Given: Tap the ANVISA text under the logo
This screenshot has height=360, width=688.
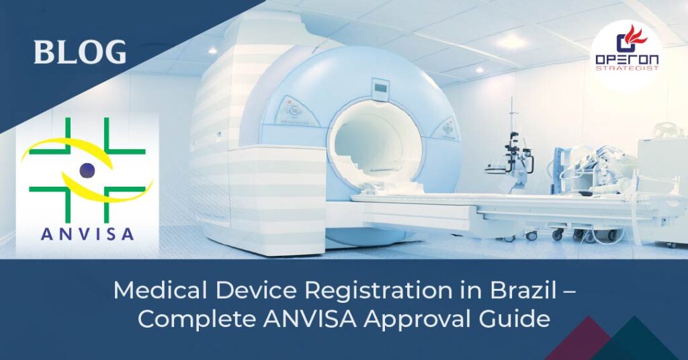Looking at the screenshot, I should (87, 234).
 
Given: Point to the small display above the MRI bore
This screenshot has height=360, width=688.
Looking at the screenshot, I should (381, 87).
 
